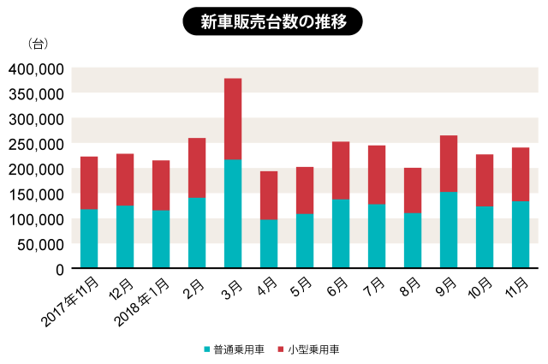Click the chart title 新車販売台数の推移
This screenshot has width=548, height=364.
pos(274,21)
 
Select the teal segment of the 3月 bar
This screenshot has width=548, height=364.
pos(233,214)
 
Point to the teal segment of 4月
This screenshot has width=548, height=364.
pos(269,244)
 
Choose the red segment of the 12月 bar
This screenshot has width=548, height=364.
pos(125,180)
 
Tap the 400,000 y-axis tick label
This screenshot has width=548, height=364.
pos(36,69)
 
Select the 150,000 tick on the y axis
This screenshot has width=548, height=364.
pos(36,194)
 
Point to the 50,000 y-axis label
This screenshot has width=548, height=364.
pos(39,244)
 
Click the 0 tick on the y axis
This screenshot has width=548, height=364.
pos(60,269)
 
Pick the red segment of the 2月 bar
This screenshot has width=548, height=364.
pos(197,168)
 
